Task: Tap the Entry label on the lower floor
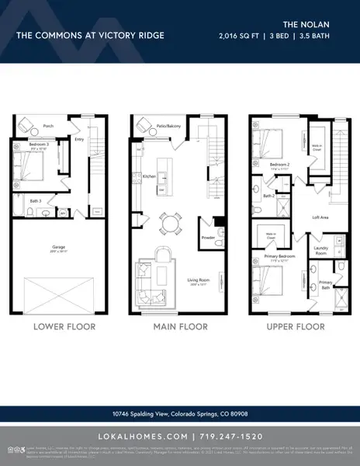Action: click(x=78, y=141)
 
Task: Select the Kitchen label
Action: click(x=149, y=176)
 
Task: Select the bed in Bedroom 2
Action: click(x=271, y=144)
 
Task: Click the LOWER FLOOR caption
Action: click(x=64, y=327)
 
